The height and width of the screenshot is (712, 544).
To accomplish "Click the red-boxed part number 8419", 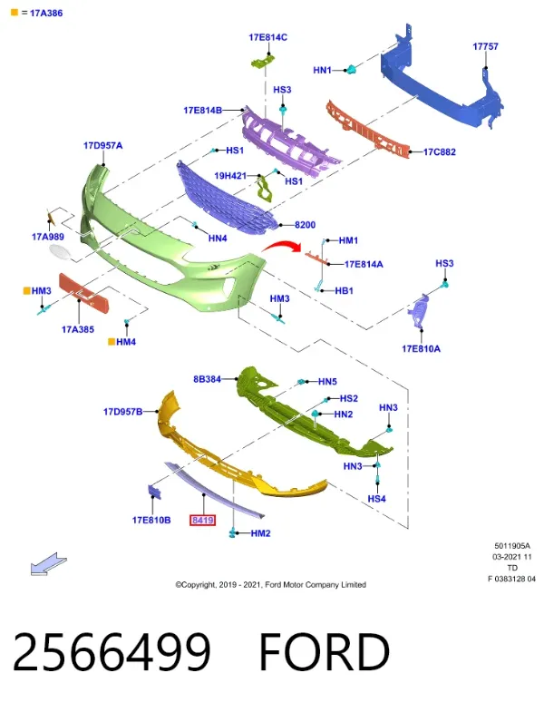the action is coord(202,520).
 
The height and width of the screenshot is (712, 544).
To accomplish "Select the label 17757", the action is coord(485,46).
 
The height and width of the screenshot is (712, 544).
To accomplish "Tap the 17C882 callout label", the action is coord(439,152).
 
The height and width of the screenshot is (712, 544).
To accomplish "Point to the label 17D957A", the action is coord(102,146).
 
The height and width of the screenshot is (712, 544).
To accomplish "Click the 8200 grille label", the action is coord(305,225).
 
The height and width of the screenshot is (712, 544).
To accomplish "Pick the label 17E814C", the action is coord(267,37).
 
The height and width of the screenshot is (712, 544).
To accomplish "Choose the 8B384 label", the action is coord(207,379).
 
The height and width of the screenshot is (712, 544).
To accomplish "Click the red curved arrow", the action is coord(282,246).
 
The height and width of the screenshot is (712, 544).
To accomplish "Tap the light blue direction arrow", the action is coord(49,564).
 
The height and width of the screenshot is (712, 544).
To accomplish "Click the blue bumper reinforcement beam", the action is coord(442,82).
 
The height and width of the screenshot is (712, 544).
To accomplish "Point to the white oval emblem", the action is coord(60,252).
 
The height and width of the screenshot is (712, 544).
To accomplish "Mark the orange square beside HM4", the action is coord(112,342).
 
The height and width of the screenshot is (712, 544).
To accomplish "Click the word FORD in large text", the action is coord(325,652).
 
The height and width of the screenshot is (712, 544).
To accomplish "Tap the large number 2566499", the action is coord(112,652).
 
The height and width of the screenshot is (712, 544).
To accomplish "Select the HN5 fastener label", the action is coord(327,382).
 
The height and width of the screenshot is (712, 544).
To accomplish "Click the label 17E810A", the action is coord(421,348).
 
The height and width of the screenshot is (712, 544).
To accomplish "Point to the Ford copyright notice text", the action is coord(270,585).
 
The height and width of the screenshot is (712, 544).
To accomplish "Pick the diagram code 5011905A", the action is coord(512,546).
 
